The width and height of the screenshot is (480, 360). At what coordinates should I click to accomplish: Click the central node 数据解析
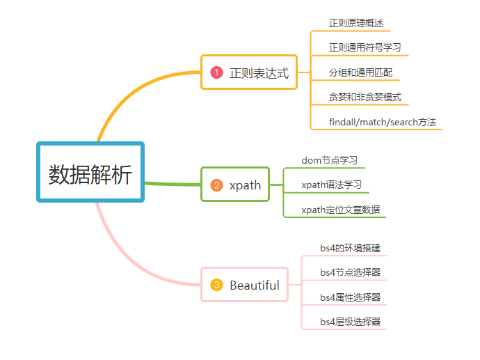(x=90, y=172)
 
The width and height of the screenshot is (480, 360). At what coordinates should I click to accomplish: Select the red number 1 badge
(x=216, y=72)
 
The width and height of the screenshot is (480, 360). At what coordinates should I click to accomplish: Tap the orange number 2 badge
(x=216, y=185)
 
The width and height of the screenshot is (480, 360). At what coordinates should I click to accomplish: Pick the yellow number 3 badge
(x=216, y=285)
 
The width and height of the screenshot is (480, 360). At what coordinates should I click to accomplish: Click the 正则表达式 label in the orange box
(x=259, y=73)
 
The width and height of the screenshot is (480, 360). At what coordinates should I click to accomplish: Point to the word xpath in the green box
(x=245, y=186)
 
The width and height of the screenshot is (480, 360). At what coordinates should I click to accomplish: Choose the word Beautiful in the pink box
(x=255, y=285)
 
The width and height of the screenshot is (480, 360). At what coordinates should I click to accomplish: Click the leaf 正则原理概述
(x=356, y=23)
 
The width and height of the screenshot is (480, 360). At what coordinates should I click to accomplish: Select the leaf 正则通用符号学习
(x=365, y=47)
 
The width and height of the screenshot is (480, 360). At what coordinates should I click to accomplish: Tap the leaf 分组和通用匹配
(x=360, y=72)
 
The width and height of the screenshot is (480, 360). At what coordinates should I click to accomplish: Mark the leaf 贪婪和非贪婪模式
(x=365, y=97)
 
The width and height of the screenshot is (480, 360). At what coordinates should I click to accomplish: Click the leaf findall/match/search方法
(x=383, y=122)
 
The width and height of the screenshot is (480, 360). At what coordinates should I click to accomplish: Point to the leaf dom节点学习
(x=329, y=160)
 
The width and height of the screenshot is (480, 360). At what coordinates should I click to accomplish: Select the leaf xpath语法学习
(x=332, y=185)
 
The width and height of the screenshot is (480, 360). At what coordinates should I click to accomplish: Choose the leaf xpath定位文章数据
(x=341, y=210)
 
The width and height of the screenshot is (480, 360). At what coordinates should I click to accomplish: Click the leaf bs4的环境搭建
(x=350, y=248)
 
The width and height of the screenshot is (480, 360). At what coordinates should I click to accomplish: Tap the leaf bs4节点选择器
(x=350, y=272)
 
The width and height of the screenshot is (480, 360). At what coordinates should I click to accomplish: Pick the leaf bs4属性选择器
(x=350, y=297)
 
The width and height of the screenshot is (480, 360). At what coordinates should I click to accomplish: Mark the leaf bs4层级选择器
(x=350, y=322)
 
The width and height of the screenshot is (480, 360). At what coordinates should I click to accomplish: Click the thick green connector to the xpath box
(x=173, y=184)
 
